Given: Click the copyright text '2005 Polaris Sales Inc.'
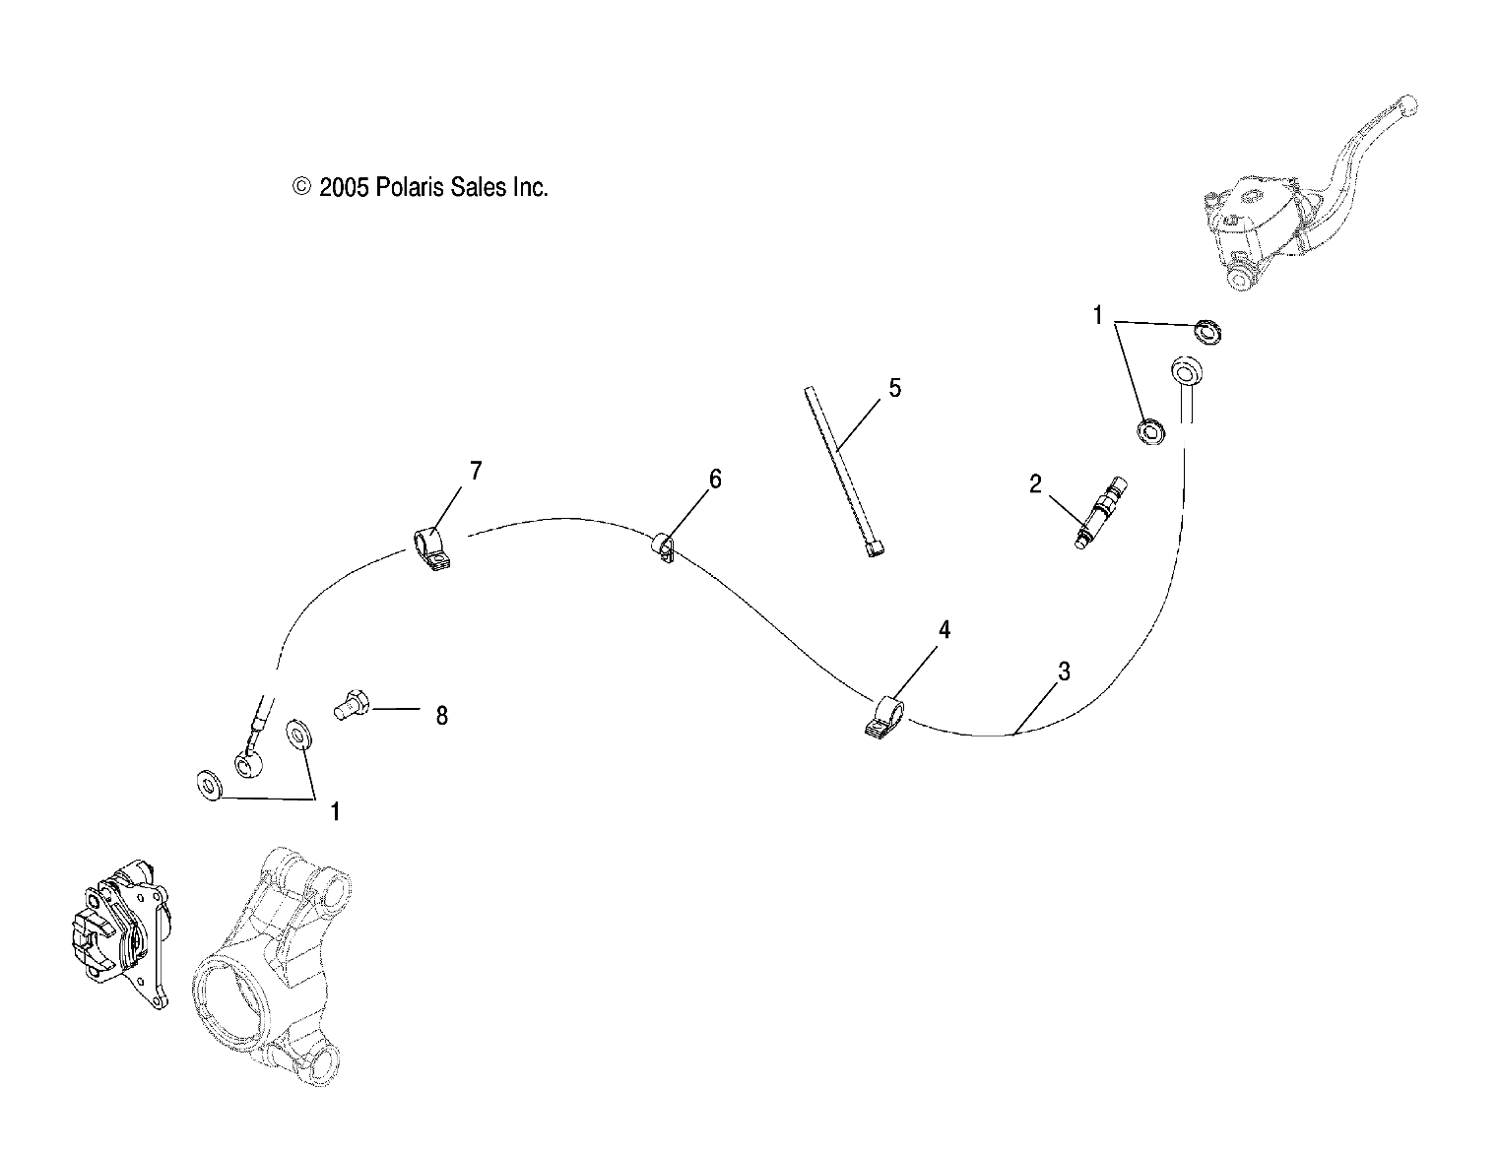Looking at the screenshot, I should pyautogui.click(x=421, y=187).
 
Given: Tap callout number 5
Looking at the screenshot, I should pyautogui.click(x=894, y=388).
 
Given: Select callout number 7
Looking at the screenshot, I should pyautogui.click(x=476, y=471).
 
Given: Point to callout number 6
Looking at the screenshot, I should pyautogui.click(x=715, y=480).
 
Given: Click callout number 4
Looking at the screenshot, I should pyautogui.click(x=944, y=629).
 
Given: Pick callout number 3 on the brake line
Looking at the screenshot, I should pyautogui.click(x=1063, y=672).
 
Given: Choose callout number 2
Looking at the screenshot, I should pyautogui.click(x=1035, y=483).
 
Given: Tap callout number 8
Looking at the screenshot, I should pyautogui.click(x=441, y=716).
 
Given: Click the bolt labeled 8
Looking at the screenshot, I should pyautogui.click(x=351, y=705).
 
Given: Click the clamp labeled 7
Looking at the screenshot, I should pyautogui.click(x=431, y=548).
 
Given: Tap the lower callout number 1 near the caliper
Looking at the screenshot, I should pyautogui.click(x=335, y=811).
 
